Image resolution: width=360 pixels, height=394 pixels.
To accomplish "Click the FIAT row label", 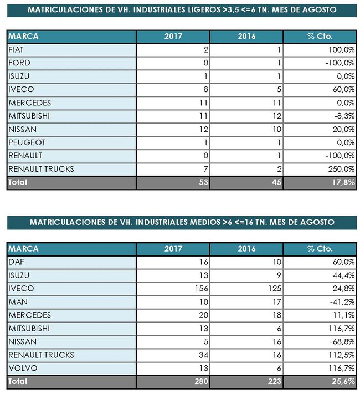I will tap(16, 50).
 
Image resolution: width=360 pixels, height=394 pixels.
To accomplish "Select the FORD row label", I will tap(19, 63).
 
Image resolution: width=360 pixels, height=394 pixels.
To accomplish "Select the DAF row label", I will tap(15, 262).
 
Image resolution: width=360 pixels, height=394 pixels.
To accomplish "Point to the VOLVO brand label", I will tap(20, 368).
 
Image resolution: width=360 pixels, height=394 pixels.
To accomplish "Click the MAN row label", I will tap(16, 301).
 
